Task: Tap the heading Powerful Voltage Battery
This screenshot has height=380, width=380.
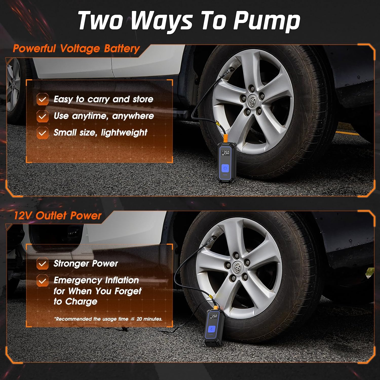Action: (x=76, y=48)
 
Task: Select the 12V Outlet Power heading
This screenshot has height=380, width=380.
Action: (x=58, y=216)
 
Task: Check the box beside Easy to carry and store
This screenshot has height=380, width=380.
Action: (x=42, y=99)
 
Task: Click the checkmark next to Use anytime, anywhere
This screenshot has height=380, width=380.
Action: (x=42, y=116)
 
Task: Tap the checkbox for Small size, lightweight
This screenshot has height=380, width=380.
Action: (x=42, y=133)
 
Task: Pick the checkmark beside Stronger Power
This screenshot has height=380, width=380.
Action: (x=42, y=264)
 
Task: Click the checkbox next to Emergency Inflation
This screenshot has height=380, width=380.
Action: (x=42, y=281)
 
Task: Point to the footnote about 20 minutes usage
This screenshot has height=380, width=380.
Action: (x=108, y=319)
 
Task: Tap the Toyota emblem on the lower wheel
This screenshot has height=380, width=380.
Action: (x=238, y=266)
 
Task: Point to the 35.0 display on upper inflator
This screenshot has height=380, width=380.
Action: (x=225, y=153)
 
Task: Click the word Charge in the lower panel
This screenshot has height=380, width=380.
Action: (x=81, y=301)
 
